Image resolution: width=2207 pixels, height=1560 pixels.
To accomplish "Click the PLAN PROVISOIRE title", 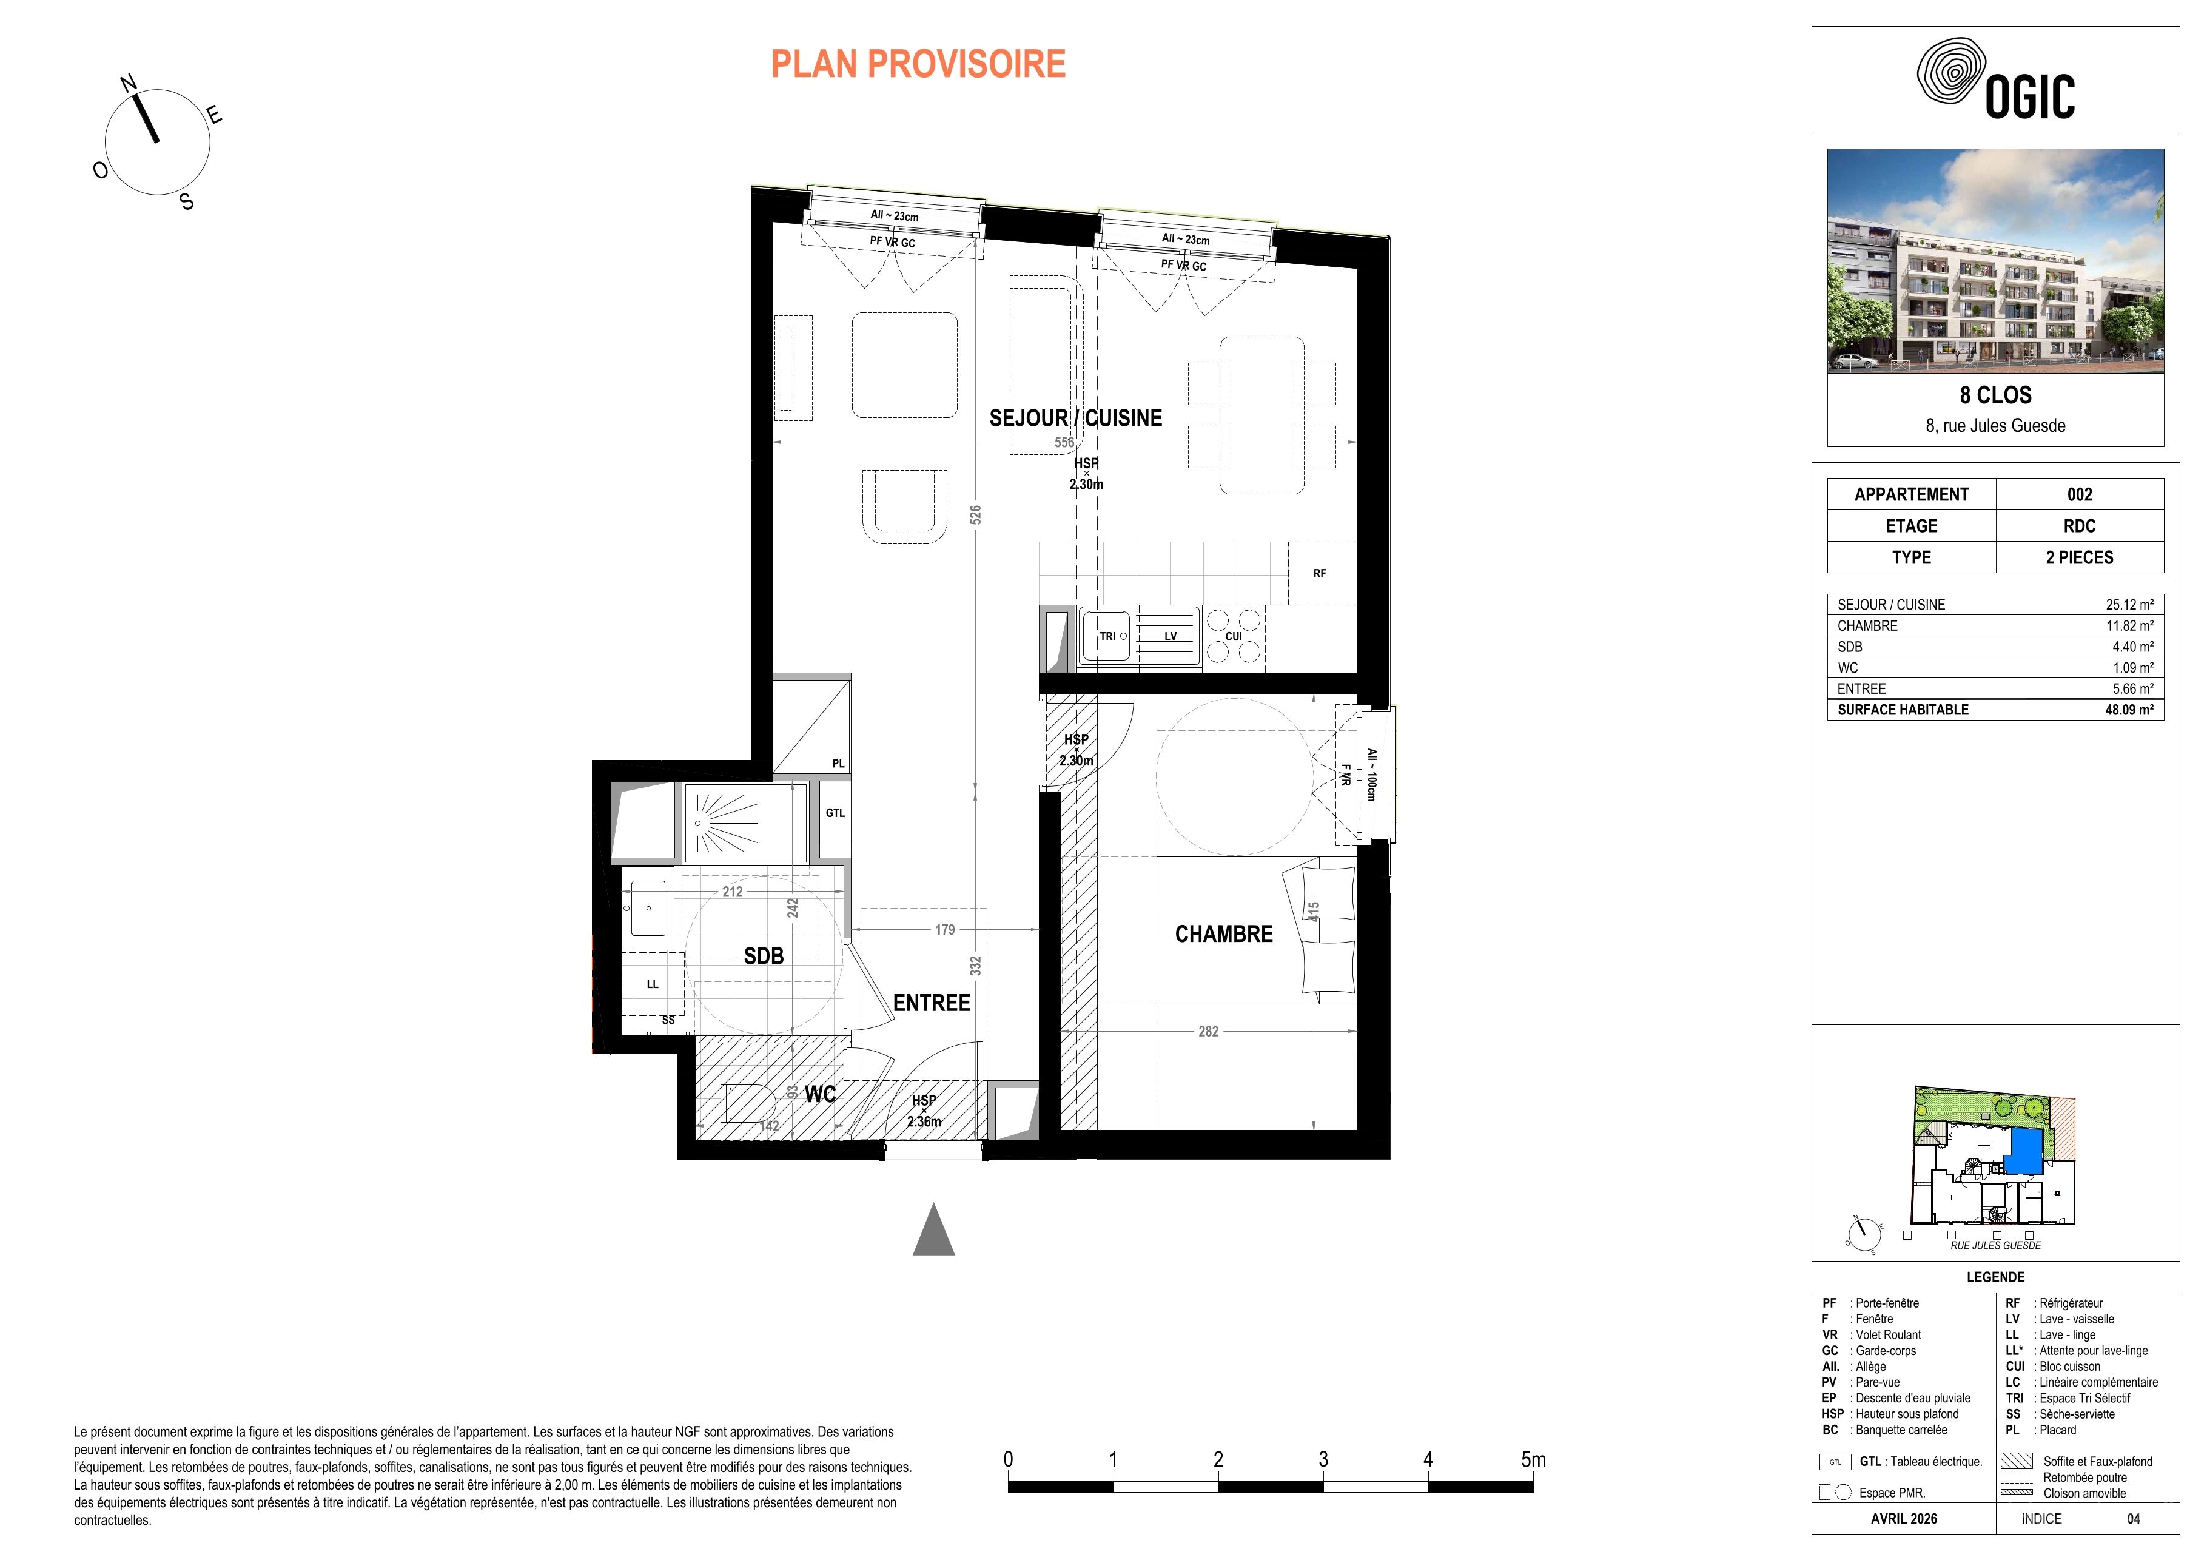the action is coord(918,64).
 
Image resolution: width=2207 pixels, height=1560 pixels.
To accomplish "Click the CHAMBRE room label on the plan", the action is coord(1224,933).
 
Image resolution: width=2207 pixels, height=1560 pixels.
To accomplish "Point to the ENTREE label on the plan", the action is coord(932,1003).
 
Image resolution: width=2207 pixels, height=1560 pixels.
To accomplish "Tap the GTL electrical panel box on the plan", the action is coord(835,813).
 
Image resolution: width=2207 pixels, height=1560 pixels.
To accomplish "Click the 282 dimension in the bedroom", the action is coord(1208,1031).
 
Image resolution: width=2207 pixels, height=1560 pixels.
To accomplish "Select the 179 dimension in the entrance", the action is coord(945,929).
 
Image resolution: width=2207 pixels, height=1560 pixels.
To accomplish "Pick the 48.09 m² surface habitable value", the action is coord(2129,710).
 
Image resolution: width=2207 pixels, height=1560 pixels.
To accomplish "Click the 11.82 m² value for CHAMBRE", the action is coord(2130,626).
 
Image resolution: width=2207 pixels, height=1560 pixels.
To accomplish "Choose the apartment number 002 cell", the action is coord(2079,494).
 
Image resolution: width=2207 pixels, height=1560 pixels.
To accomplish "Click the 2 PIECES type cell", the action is coord(2079,557).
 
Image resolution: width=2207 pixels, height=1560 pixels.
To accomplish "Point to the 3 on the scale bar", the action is coord(1323,1459).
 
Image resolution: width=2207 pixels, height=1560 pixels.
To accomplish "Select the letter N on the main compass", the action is coord(128,84).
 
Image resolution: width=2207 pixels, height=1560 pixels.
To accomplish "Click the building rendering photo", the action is coord(1995,260).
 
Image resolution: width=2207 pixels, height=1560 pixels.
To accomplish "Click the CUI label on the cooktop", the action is coord(1233,636).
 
